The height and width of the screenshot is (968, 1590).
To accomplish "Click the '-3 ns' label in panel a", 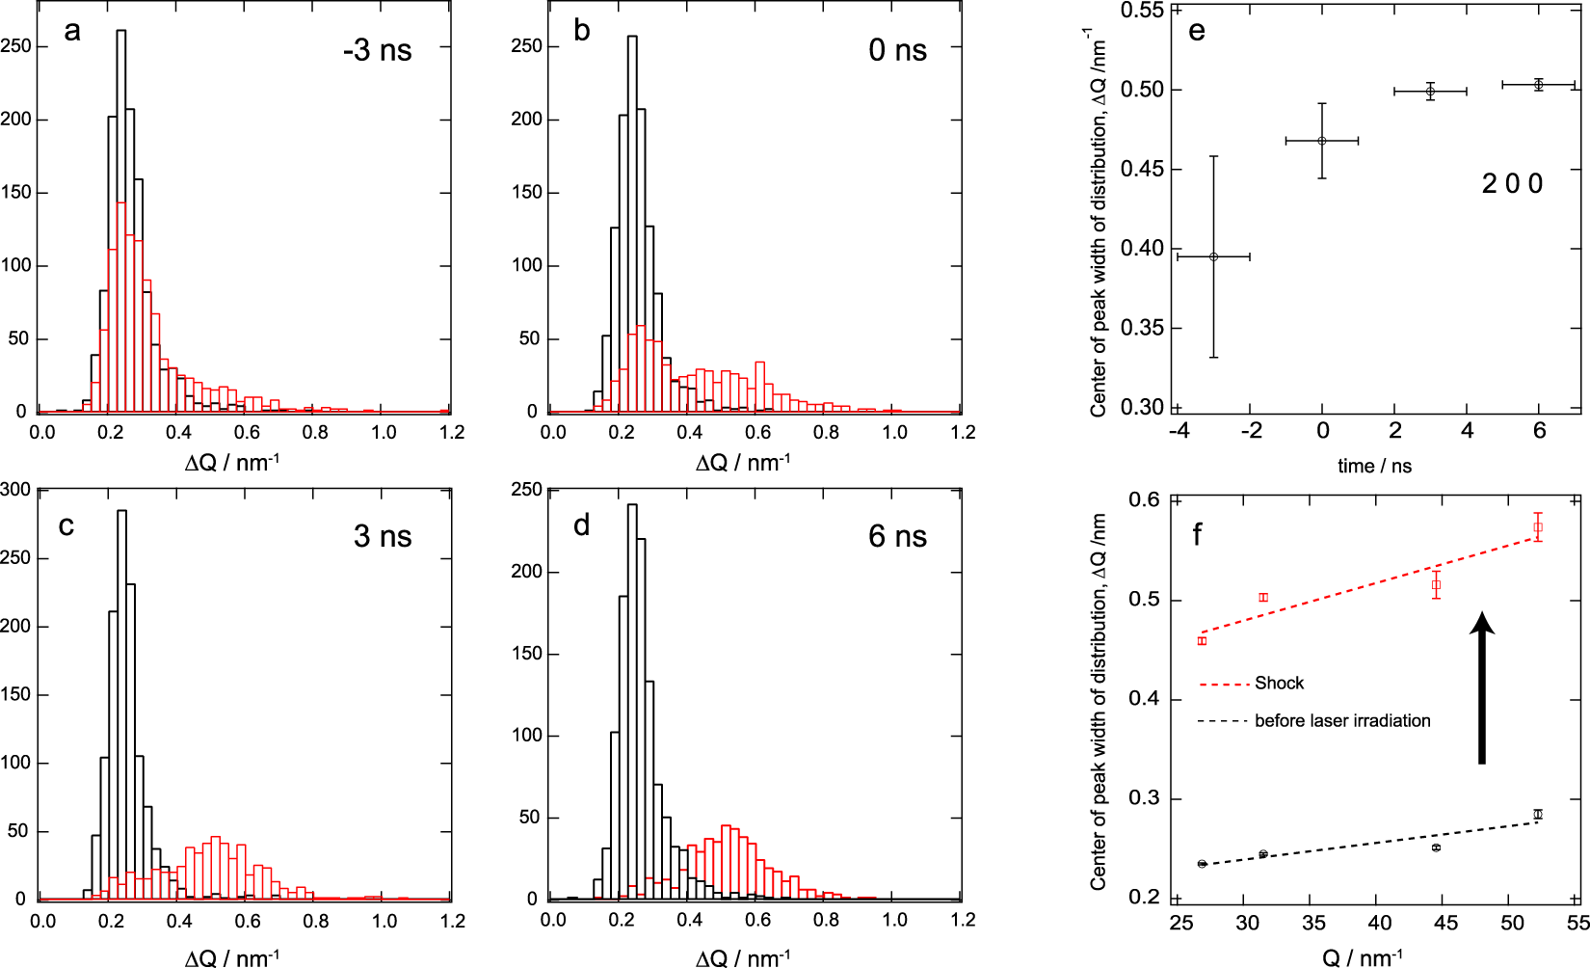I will pos(377,50).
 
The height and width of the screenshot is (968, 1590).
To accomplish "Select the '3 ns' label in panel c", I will pos(382,536).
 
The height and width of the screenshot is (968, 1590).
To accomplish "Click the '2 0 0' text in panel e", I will pos(1512,183).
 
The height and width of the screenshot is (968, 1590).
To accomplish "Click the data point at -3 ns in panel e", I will pos(1213,256).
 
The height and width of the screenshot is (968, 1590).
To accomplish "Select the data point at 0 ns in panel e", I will pos(1322,141).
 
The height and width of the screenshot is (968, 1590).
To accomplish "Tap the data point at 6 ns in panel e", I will pos(1539,85).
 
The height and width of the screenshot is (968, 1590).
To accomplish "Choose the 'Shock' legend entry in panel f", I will pos(1278,684).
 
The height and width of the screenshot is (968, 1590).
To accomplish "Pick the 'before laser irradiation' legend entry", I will pos(1341,721).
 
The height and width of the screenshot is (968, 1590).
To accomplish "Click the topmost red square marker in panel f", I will pos(1538,527).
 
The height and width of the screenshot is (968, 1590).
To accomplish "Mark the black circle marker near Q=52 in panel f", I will pos(1538,815).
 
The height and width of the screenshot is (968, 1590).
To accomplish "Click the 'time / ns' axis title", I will pos(1374,467).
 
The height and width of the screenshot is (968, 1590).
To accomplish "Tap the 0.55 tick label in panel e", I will pos(1143,11).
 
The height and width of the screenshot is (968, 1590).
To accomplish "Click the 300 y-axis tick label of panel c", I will pos(15,489).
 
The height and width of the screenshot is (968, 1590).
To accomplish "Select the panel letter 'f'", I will pos(1197,534).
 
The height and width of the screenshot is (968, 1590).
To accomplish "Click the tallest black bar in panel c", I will pos(121,704).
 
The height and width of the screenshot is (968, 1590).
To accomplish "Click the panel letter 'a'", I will pos(71,32).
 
